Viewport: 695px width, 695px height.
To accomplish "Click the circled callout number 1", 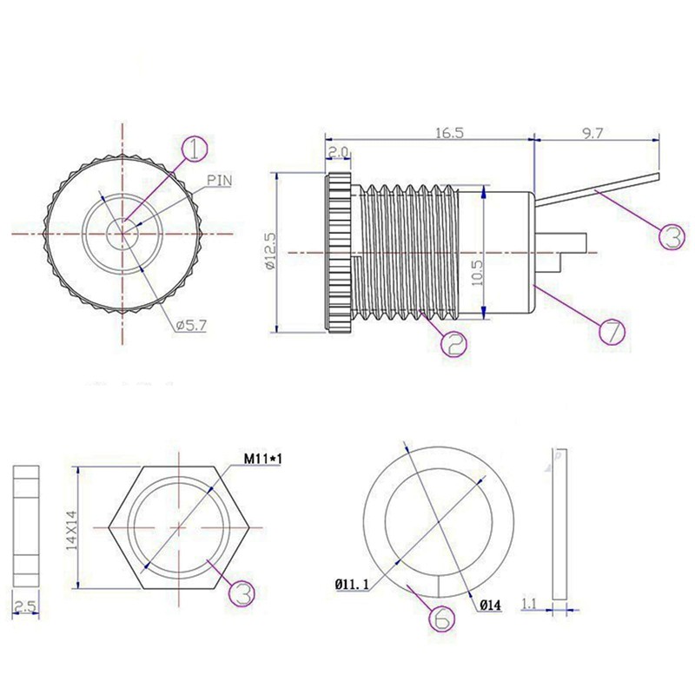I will click(195, 149).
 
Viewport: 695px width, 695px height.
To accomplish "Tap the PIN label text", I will click(221, 180).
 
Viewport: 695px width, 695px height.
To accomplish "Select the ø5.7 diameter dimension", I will click(189, 325).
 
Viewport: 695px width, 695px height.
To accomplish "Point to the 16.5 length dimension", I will click(448, 132).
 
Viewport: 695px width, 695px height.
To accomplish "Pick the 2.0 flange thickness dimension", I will click(339, 153).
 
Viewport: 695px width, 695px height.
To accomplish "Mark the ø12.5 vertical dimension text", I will click(270, 252).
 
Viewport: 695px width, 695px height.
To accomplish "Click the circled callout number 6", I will click(441, 619).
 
